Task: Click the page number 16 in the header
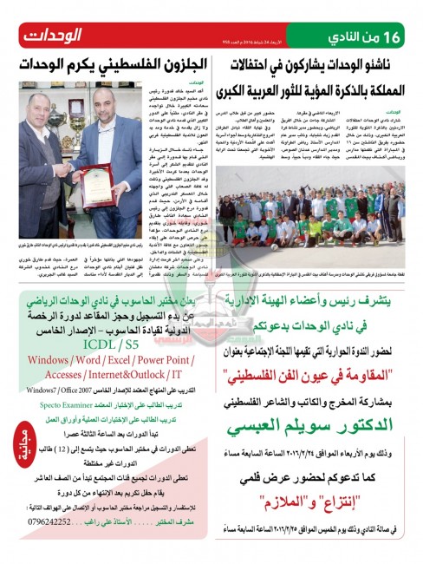click(x=406, y=37)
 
